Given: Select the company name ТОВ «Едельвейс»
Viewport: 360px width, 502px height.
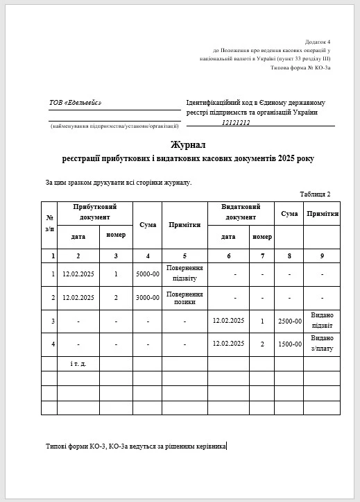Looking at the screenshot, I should point(75,103).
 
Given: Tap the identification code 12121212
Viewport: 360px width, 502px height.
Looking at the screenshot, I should point(236,122).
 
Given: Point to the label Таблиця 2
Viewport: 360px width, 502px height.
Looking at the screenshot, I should point(315,194).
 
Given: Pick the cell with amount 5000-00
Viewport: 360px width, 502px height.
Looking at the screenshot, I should point(148,274).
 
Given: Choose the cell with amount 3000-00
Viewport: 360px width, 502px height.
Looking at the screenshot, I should point(148,298).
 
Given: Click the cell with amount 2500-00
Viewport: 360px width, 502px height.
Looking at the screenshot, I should point(289,321).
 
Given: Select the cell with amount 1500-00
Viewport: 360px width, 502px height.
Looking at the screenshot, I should point(289,344).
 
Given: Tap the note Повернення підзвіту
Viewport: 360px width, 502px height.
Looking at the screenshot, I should point(185,274).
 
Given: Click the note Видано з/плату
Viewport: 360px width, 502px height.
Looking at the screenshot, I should point(323,344).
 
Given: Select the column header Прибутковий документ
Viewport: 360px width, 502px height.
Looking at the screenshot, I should point(95,212).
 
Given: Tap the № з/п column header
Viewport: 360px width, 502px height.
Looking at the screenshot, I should point(49,224).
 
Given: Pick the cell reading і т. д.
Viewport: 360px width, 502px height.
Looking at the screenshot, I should point(78,363).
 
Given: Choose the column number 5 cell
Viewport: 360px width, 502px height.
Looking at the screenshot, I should point(185,256).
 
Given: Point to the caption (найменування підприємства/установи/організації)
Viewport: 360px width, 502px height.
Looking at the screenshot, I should point(114,126).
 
